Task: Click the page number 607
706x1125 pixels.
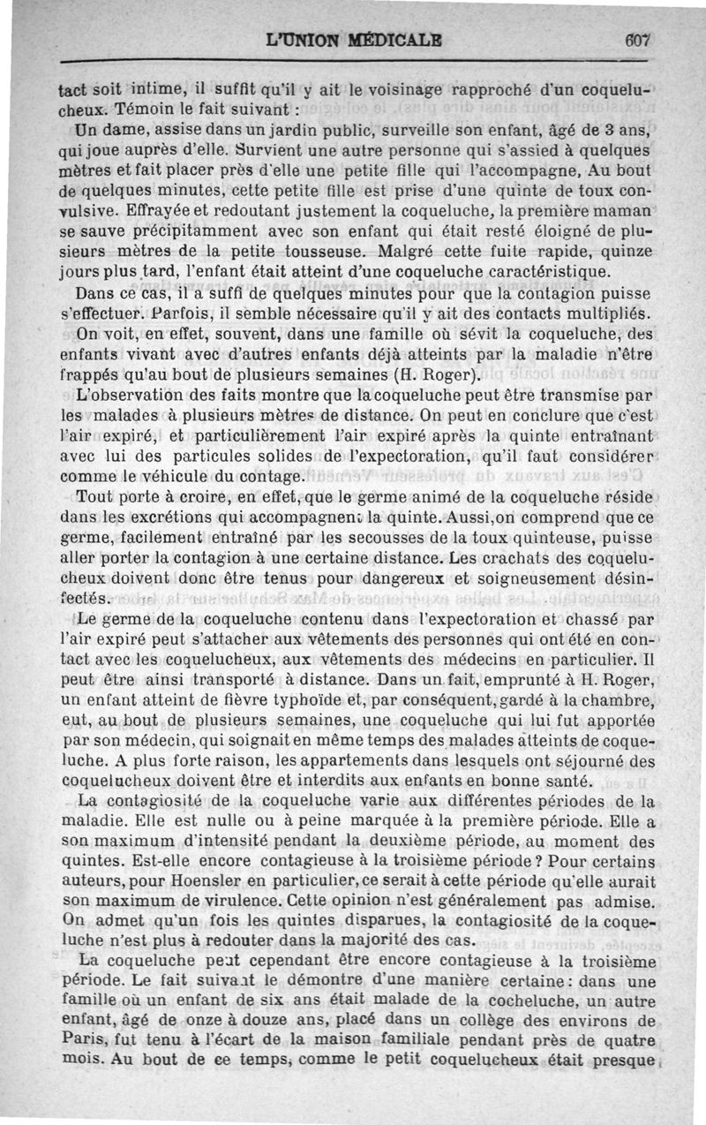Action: (635, 40)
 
